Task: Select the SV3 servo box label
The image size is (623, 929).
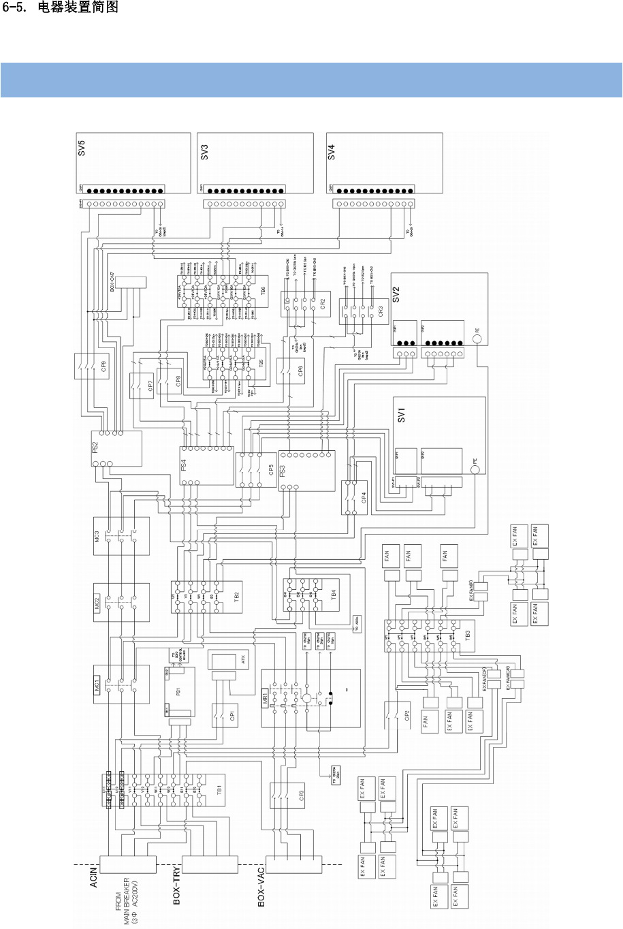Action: (204, 152)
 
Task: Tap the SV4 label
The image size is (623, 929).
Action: (332, 151)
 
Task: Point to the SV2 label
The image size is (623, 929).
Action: (396, 294)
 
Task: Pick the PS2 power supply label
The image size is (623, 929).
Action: (96, 447)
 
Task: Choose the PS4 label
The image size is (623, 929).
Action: (184, 465)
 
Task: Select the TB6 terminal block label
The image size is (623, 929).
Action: (263, 291)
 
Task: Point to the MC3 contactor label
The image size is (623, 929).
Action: (98, 536)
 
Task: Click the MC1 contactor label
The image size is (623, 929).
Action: (97, 683)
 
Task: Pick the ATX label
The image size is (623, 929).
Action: (242, 659)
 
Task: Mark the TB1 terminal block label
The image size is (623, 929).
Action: (219, 790)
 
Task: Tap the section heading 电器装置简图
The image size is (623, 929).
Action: (84, 7)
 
